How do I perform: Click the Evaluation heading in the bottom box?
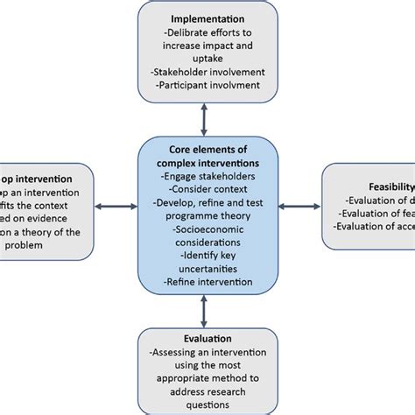click(x=207, y=338)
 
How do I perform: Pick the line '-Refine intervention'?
click(x=207, y=281)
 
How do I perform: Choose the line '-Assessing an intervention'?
click(x=207, y=352)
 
